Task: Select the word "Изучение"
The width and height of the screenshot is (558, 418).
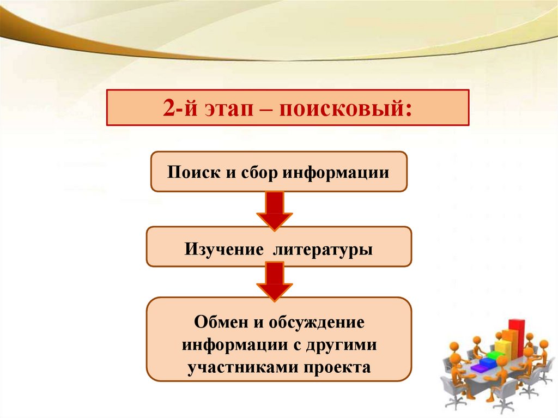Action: tap(220, 249)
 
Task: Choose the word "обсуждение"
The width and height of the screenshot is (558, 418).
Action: tap(314, 322)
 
